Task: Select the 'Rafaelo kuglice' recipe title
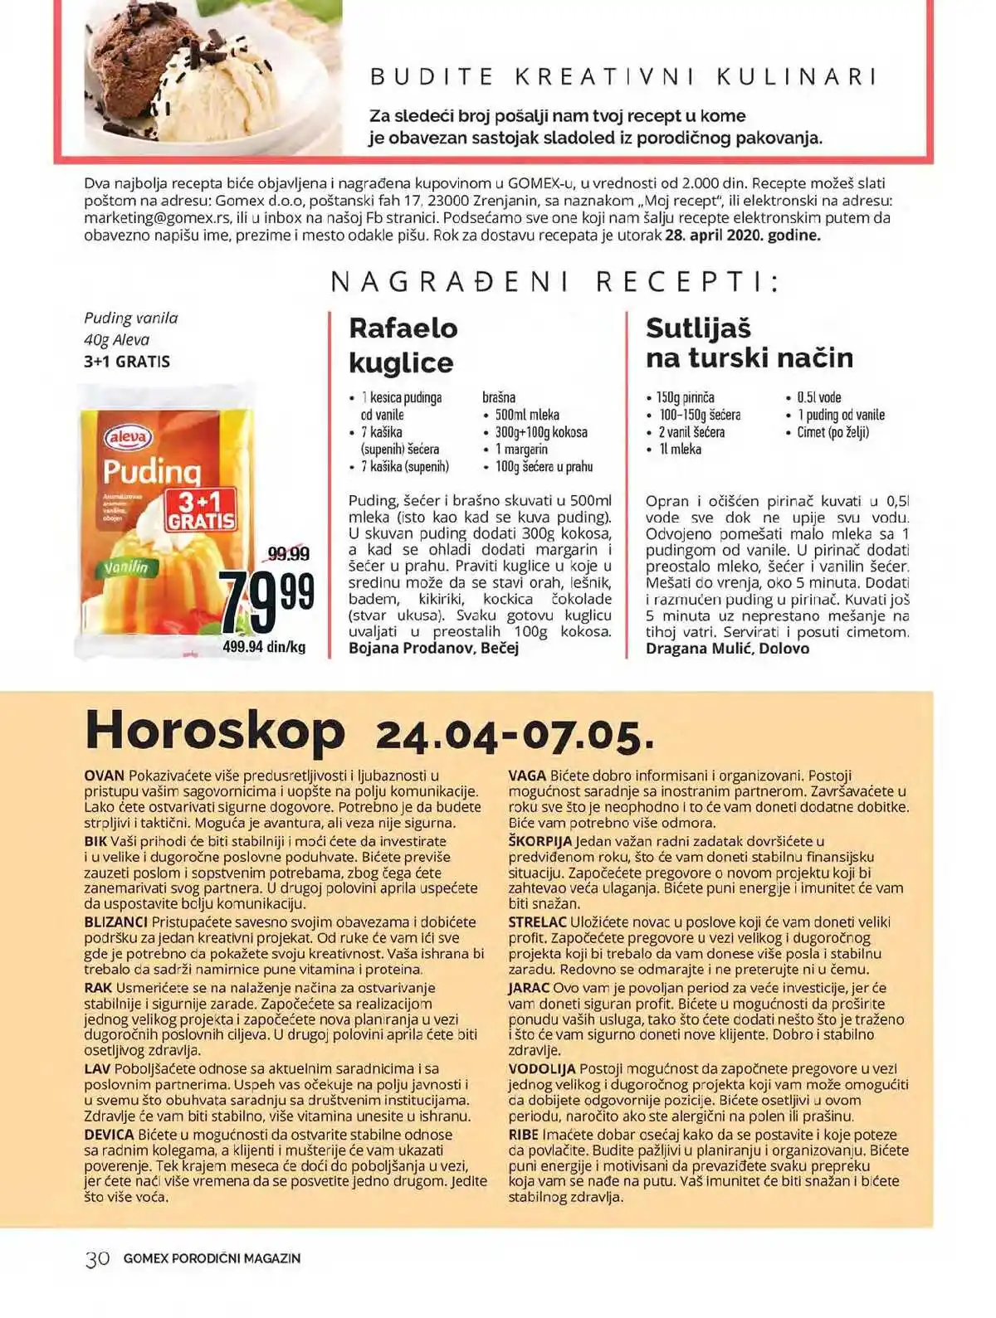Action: click(403, 345)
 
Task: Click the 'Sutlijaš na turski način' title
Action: click(749, 343)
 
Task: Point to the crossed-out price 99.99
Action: click(288, 553)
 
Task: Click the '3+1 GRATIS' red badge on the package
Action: click(201, 510)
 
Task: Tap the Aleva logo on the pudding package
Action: click(128, 437)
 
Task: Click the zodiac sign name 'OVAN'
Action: click(105, 776)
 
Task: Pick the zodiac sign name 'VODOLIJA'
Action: click(542, 1069)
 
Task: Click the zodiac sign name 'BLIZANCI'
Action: click(116, 922)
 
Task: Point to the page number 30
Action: click(97, 1258)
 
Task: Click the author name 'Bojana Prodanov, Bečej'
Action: click(433, 648)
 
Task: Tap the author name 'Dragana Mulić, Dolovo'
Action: click(727, 648)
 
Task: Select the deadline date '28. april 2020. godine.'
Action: click(743, 235)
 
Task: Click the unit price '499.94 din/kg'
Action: click(264, 647)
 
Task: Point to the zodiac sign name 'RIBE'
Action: click(523, 1135)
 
